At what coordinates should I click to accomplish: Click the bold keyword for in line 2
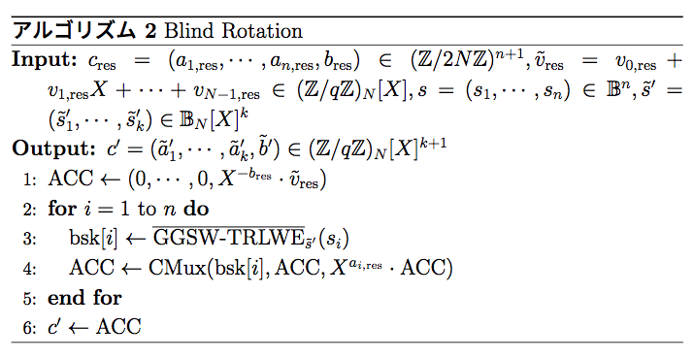pos(61,209)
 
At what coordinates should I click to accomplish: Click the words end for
pos(84,297)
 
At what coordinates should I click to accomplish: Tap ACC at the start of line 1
pos(67,180)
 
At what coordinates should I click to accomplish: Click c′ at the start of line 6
pos(56,326)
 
